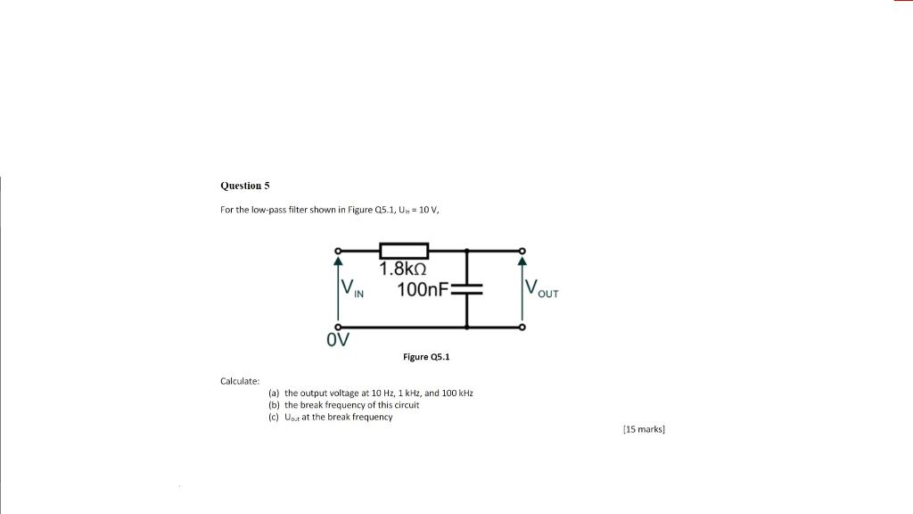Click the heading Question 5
pos(244,186)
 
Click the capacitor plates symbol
pos(466,289)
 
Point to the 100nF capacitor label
pos(423,289)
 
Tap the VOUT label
pos(541,289)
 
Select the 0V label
pos(338,340)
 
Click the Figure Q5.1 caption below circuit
pos(427,357)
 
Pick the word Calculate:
pos(240,381)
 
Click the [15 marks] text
pos(644,429)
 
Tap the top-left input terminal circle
pos(338,251)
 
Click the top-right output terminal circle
pos(522,251)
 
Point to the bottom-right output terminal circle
pos(522,327)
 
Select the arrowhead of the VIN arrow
pos(338,261)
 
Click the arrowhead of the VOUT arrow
pos(522,261)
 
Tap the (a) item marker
pos(274,393)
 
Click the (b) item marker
pos(274,404)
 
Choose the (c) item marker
pos(274,417)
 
